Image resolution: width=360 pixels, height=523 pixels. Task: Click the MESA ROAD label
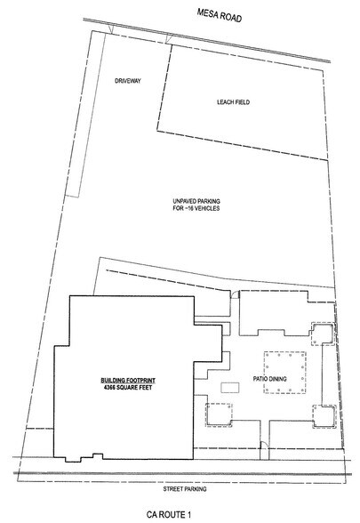pos(220,15)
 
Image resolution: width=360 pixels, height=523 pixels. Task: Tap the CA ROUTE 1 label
pos(169,514)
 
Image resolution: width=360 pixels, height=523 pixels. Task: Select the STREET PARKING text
pos(185,489)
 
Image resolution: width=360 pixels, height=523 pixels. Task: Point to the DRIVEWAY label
pos(128,81)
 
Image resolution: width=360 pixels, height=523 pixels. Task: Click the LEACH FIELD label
pos(233,102)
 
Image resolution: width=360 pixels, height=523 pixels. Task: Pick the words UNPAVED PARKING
pos(196,201)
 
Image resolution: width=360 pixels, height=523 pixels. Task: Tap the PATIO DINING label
pos(269,379)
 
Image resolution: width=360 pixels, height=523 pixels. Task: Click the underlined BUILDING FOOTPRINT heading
pos(128,381)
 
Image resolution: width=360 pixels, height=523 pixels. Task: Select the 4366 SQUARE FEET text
pos(128,387)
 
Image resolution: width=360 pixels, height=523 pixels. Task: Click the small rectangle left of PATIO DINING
pos(230,388)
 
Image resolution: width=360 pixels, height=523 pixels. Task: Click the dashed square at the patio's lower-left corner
pos(219,414)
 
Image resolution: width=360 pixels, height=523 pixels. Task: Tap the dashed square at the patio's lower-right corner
pos(324,416)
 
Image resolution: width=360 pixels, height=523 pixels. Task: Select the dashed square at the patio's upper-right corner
pos(323,334)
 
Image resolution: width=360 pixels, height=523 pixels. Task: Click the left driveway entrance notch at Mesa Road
pos(111,30)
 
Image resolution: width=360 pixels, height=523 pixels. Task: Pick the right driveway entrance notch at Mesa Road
pos(169,40)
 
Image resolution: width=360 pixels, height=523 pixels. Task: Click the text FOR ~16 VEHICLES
pos(196,208)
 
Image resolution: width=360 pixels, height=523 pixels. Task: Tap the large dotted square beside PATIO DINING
pos(285,372)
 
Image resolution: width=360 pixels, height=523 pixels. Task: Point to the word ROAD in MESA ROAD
pos(230,17)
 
